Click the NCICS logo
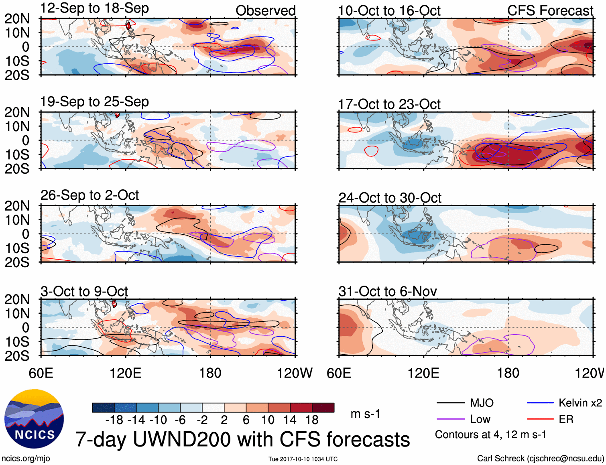point(34,419)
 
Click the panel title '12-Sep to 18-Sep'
point(94,8)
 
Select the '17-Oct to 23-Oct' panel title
point(389,104)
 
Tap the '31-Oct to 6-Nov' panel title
point(388,291)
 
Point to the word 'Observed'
point(265,11)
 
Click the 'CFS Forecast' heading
point(550,11)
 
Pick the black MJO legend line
point(450,403)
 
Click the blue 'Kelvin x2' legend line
point(540,403)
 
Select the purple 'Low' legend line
point(450,419)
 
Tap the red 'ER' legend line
point(540,419)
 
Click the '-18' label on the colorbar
point(114,420)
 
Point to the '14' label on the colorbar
point(290,420)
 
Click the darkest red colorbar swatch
point(323,408)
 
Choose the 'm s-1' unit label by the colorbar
point(365,414)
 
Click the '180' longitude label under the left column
point(210,373)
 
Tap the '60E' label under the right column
point(339,373)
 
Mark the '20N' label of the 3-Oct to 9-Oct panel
point(17,299)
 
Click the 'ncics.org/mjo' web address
point(26,459)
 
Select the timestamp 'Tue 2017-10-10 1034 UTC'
point(303,459)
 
